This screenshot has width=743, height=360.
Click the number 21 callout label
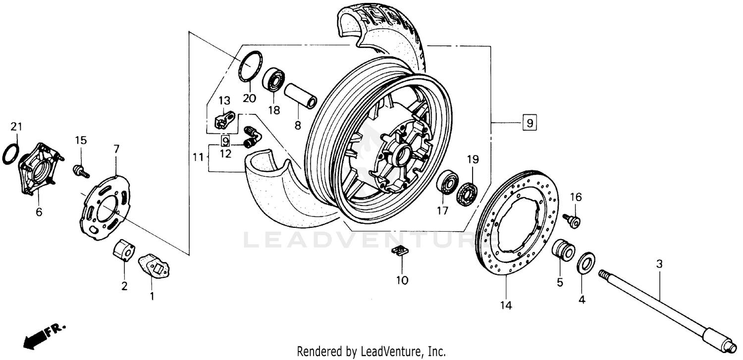[16, 127]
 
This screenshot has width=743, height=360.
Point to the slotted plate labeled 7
[104, 208]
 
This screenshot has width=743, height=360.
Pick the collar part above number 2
[124, 249]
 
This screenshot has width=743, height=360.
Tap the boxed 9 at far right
[529, 122]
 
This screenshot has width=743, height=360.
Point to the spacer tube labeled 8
[300, 96]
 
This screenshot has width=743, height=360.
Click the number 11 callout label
[198, 157]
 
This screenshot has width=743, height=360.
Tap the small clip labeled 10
[399, 250]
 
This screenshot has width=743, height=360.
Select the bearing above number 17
[447, 183]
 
